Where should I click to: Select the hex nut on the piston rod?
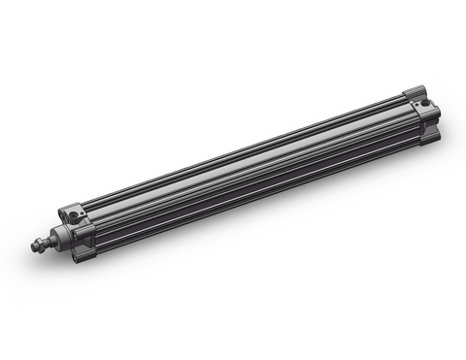(41, 245)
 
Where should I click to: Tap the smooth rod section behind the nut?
(50, 241)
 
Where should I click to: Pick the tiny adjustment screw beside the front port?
(83, 213)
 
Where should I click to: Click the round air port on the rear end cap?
(425, 103)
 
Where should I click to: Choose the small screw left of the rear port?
(416, 105)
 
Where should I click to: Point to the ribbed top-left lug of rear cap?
(416, 92)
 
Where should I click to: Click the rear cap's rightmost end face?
(438, 114)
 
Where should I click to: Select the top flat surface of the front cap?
(78, 208)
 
